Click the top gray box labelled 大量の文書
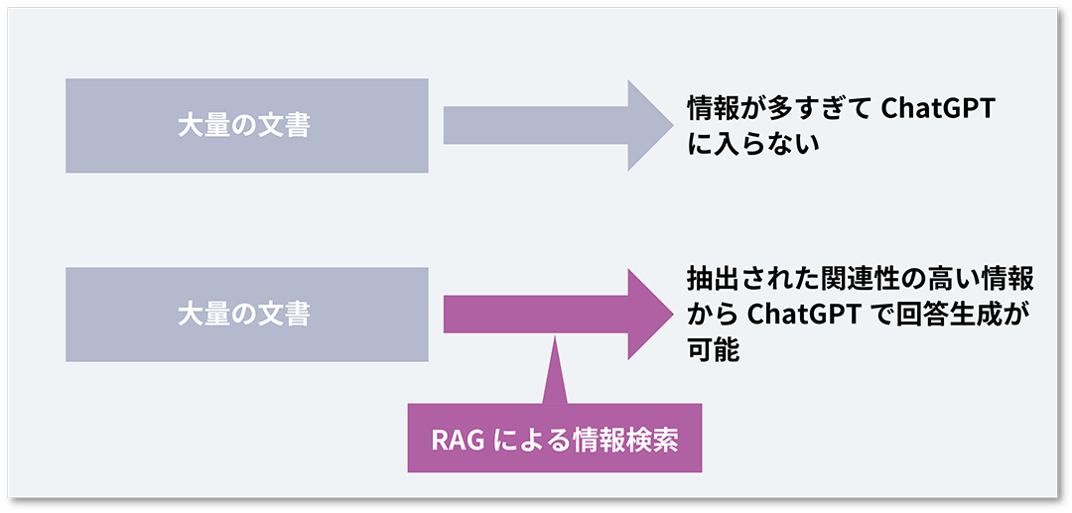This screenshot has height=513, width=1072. pos(246,126)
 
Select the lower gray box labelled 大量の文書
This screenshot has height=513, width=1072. pos(246,314)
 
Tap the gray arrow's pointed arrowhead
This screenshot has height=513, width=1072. pos(650,126)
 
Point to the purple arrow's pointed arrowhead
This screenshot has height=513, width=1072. pos(650,314)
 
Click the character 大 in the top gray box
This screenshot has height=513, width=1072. pos(190,126)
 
